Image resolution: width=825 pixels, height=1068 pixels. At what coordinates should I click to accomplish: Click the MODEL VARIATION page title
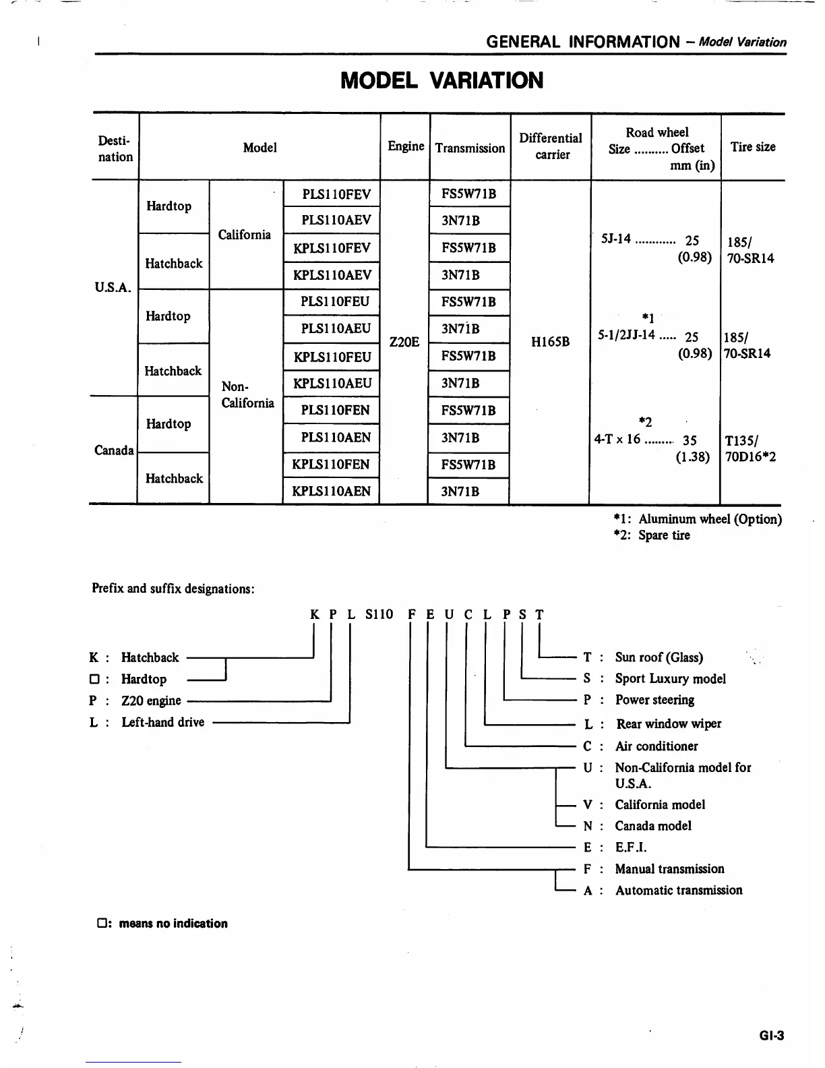pyautogui.click(x=441, y=81)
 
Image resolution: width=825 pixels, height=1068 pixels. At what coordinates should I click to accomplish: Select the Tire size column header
pyautogui.click(x=752, y=147)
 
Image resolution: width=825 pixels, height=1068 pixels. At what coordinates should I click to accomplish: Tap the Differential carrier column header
pyautogui.click(x=551, y=146)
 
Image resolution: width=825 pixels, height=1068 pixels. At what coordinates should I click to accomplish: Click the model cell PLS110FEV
pyautogui.click(x=336, y=195)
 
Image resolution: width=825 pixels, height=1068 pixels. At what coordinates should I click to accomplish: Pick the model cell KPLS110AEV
pyautogui.click(x=332, y=275)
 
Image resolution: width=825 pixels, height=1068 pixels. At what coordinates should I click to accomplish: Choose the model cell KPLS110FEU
pyautogui.click(x=332, y=356)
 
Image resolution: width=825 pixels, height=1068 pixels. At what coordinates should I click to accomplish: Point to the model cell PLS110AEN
pyautogui.click(x=336, y=438)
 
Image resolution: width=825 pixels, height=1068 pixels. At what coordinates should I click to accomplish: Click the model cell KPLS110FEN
pyautogui.click(x=331, y=465)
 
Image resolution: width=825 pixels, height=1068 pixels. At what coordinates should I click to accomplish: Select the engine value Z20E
pyautogui.click(x=404, y=343)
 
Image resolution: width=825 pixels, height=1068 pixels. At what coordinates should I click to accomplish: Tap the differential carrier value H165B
pyautogui.click(x=550, y=343)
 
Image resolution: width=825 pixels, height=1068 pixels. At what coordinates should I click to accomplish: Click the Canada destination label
pyautogui.click(x=114, y=450)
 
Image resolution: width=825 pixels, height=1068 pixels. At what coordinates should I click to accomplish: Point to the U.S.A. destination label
pyautogui.click(x=113, y=288)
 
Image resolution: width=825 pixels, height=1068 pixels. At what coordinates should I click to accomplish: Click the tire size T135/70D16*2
pyautogui.click(x=750, y=449)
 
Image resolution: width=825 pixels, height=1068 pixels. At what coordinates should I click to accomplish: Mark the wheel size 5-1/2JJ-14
pyautogui.click(x=627, y=335)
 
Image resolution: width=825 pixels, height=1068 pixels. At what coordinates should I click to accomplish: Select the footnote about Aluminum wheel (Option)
pyautogui.click(x=698, y=519)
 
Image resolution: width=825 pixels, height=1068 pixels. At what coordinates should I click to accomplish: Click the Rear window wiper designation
pyautogui.click(x=668, y=723)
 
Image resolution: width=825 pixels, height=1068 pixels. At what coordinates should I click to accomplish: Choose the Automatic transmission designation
pyautogui.click(x=678, y=890)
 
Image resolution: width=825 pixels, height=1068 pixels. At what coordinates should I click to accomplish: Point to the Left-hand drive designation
pyautogui.click(x=162, y=722)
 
